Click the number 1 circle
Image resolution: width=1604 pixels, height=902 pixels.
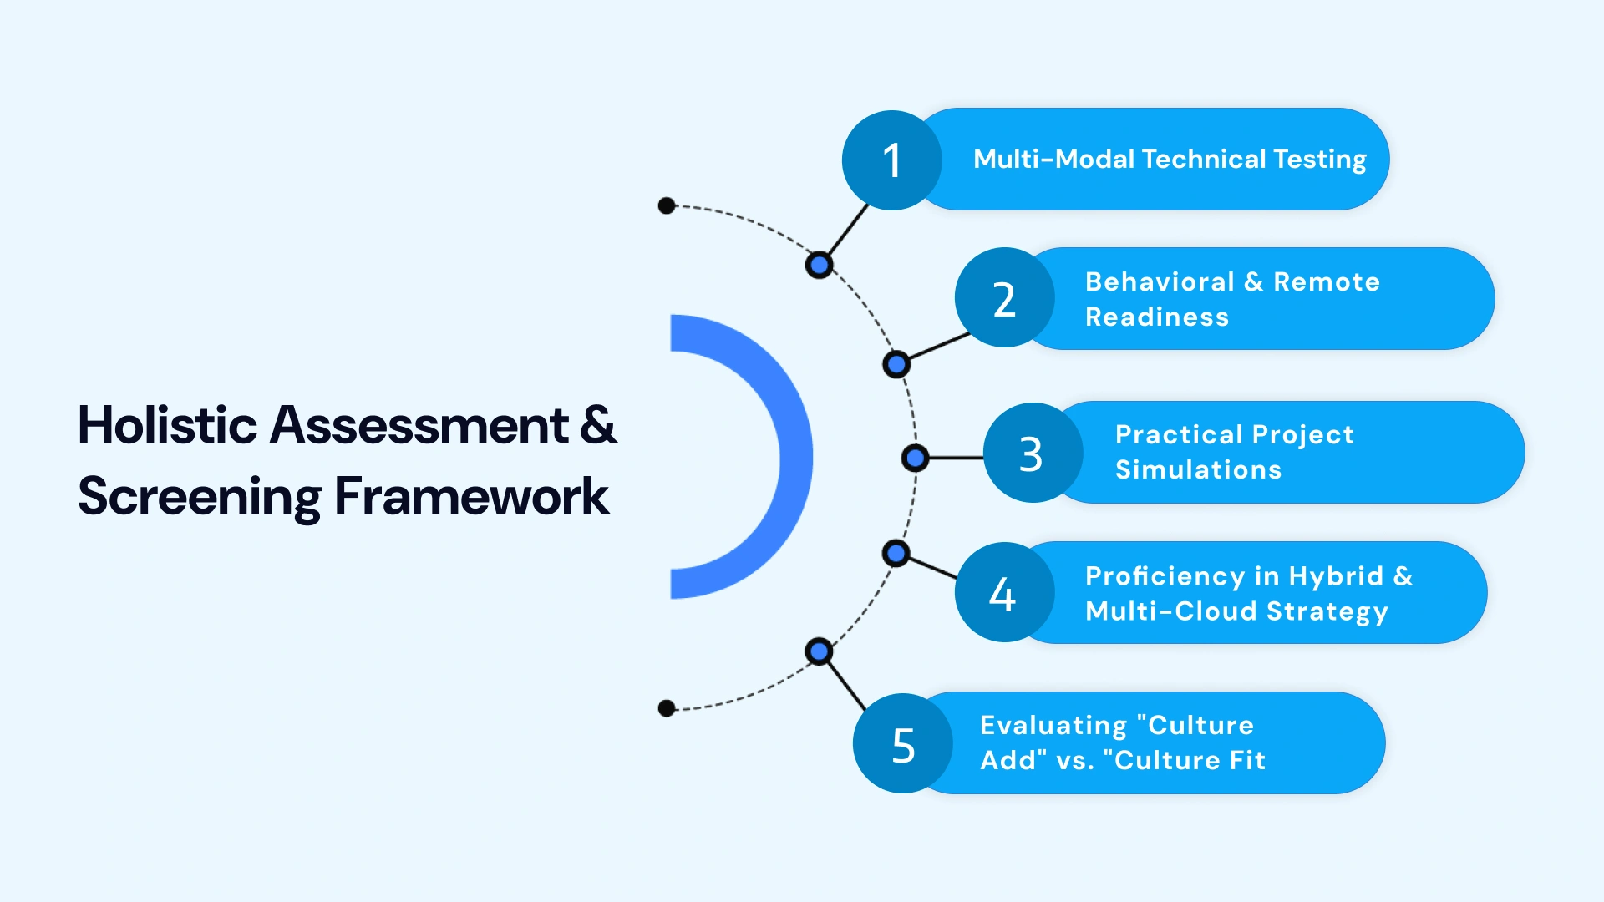click(x=891, y=160)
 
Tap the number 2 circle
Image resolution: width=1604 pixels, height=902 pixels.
click(x=1004, y=298)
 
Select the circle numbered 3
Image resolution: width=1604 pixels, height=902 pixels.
click(x=1033, y=454)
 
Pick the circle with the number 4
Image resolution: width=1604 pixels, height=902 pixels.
click(x=1003, y=593)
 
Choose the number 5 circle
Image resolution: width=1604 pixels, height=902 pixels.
click(x=902, y=743)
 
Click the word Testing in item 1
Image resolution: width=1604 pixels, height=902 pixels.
click(x=1319, y=159)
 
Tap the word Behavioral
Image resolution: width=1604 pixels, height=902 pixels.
click(x=1159, y=281)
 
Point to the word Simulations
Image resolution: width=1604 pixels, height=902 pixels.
click(x=1198, y=469)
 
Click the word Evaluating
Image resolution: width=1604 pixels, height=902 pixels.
click(x=1053, y=725)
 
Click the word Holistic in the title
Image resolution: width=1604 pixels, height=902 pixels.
click(x=167, y=425)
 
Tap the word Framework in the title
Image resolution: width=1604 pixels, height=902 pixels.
click(x=471, y=496)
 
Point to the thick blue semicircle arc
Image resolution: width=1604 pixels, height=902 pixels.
click(x=794, y=457)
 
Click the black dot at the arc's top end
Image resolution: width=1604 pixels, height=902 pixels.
click(x=667, y=205)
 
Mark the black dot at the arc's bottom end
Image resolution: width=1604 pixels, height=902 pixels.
click(x=667, y=708)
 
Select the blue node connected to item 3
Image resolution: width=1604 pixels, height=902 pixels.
click(x=916, y=458)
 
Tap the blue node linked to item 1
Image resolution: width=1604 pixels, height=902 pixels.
click(x=820, y=266)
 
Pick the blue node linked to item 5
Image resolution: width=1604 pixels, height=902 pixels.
click(x=820, y=651)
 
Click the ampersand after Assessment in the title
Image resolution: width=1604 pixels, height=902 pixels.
click(x=598, y=425)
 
